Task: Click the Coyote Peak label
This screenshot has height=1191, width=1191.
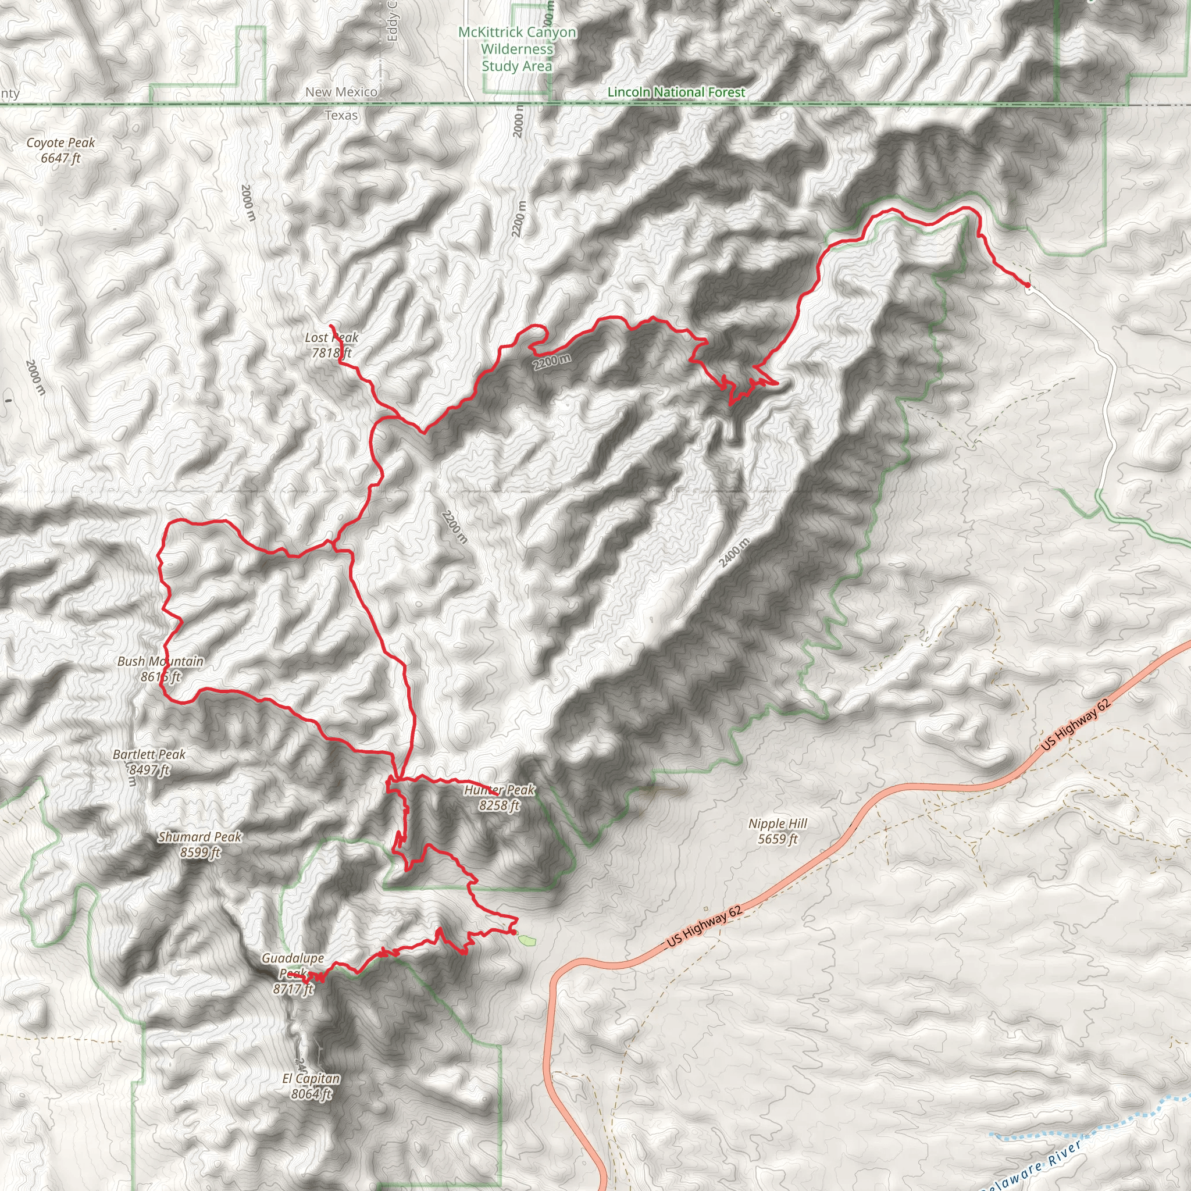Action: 60,143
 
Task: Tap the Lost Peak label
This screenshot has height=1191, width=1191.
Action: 331,338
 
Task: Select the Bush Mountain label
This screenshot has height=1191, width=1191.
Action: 161,661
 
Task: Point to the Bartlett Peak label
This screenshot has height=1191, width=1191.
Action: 149,754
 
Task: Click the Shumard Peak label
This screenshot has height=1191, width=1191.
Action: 199,837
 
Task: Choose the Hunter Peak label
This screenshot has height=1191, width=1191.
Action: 500,790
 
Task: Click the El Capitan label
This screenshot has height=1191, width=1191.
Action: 311,1079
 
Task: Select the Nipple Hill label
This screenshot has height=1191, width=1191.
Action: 778,823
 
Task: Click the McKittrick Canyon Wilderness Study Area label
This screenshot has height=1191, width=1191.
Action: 517,49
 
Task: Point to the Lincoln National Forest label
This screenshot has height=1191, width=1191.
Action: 676,92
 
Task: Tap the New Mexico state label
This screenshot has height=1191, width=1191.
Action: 341,92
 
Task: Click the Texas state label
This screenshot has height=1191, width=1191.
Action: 341,115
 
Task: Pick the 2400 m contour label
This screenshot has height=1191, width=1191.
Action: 734,552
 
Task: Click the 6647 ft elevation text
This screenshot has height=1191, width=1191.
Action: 60,158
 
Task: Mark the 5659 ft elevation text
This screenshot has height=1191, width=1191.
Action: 778,839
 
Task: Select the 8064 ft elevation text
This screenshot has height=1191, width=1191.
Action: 311,1094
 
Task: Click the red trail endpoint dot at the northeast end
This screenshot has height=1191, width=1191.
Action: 1027,285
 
